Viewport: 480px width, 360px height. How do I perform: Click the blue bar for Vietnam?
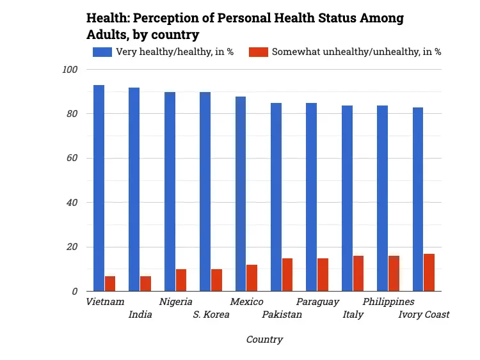tap(99, 188)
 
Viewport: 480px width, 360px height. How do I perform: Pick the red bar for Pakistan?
tap(287, 275)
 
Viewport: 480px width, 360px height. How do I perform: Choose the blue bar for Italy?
tap(347, 198)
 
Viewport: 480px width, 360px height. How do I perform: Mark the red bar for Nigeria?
tap(181, 280)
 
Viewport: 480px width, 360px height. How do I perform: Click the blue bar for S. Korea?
tap(205, 192)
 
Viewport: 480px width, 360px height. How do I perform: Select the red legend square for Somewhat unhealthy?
tap(259, 52)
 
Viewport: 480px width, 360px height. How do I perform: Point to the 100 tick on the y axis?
tap(70, 70)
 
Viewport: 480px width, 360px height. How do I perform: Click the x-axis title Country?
tap(264, 340)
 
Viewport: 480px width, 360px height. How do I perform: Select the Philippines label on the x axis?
tap(388, 302)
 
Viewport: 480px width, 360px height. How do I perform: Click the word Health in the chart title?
tap(106, 18)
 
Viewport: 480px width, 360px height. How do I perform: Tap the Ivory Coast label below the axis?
tap(424, 315)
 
